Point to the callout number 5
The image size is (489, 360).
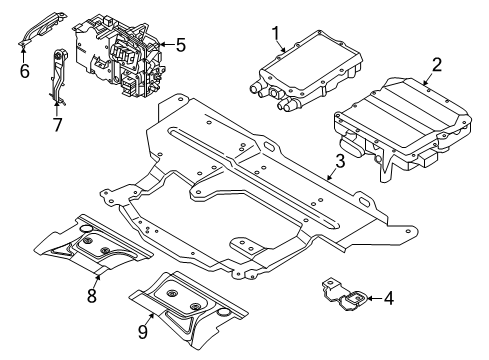(x=180, y=44)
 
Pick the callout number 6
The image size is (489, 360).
(x=23, y=72)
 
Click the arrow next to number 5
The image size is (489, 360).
(x=166, y=44)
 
